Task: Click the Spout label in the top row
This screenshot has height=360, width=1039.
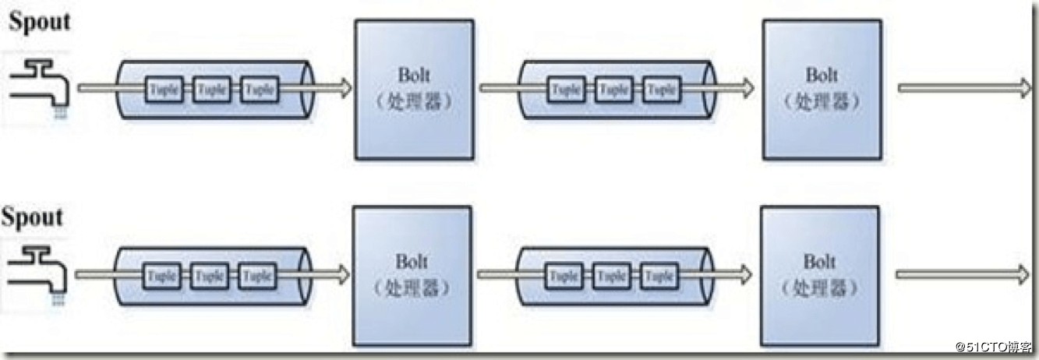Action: tap(39, 22)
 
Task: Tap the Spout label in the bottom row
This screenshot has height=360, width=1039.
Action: tap(32, 217)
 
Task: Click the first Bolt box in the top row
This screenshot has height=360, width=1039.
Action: tap(414, 90)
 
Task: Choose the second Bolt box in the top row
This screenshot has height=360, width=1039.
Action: tap(822, 89)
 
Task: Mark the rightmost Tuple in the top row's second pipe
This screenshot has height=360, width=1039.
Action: tap(662, 90)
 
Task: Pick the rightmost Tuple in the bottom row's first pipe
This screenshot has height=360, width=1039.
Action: tap(256, 276)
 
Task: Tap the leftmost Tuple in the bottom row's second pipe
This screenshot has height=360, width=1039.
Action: tap(564, 275)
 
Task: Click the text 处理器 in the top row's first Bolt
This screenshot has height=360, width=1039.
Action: tap(414, 102)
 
